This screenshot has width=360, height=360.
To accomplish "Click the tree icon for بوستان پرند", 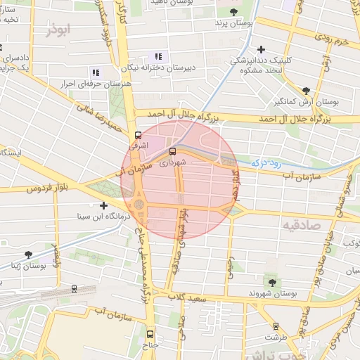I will (233, 11).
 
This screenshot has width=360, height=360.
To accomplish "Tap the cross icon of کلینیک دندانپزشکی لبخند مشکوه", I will (262, 49).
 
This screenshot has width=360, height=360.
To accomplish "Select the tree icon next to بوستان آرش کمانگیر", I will (306, 91).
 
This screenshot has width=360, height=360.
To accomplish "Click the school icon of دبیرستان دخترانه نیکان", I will (158, 56).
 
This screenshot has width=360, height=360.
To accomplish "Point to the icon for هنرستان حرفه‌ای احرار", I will (95, 72).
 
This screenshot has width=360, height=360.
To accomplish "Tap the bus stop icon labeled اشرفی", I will (138, 134).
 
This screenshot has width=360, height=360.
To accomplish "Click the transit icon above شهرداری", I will (173, 150).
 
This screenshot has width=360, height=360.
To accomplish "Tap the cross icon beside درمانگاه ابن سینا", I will (104, 206).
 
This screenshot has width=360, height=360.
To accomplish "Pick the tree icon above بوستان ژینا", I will (28, 255).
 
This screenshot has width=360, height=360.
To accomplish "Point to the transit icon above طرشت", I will (275, 326).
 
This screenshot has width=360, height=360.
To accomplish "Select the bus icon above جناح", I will (149, 335).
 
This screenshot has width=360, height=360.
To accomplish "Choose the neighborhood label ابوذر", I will (58, 30).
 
